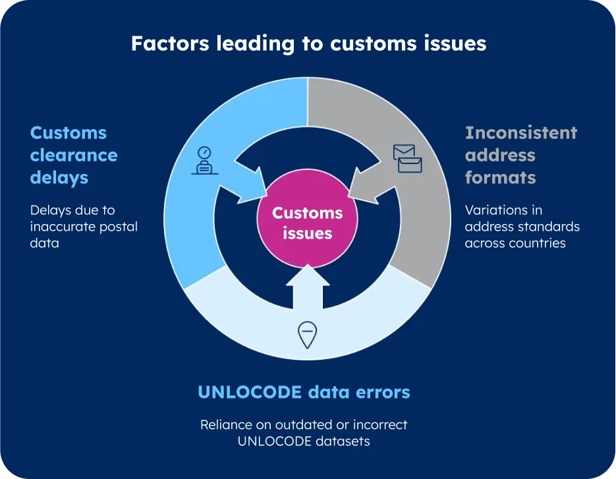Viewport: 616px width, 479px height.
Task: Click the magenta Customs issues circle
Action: pos(308,223)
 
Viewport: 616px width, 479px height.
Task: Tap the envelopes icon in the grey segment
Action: pos(407,159)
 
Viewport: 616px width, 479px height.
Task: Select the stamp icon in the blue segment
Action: pos(205,160)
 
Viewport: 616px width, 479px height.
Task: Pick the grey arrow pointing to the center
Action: pos(371,184)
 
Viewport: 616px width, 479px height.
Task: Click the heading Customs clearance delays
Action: pos(74,155)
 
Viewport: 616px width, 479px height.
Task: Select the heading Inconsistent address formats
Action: pos(520,155)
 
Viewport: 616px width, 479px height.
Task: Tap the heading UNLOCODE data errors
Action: pos(304,393)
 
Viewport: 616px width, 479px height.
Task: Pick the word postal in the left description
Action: pos(119,227)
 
